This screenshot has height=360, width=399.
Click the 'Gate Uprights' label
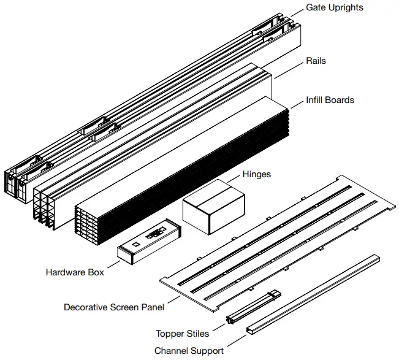tap(335, 7)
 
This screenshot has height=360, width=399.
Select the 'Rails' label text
tap(316, 61)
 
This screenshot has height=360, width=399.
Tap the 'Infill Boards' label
tap(330, 100)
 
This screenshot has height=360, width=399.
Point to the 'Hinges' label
tap(257, 174)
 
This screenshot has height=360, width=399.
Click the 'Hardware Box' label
tap(75, 272)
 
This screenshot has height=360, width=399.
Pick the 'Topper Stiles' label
tap(182, 334)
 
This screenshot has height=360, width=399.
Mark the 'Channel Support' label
tap(189, 351)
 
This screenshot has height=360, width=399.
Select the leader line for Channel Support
tap(236, 341)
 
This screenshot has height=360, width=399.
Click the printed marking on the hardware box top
tap(155, 232)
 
